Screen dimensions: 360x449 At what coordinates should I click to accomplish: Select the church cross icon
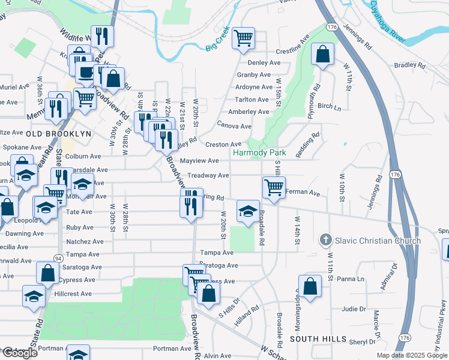[325, 241]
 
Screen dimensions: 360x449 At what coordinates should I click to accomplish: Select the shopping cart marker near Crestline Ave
[244, 39]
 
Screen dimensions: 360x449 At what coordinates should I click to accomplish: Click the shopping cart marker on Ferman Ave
[274, 188]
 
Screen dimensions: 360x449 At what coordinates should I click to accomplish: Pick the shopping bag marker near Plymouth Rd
[323, 55]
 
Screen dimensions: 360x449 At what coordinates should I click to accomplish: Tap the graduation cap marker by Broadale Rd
[247, 211]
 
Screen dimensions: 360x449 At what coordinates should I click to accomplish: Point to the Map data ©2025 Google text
[412, 355]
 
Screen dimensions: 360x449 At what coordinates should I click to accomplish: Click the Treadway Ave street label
[208, 175]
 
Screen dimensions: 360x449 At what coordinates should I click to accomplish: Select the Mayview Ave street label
[200, 161]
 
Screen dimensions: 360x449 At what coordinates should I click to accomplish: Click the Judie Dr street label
[354, 309]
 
